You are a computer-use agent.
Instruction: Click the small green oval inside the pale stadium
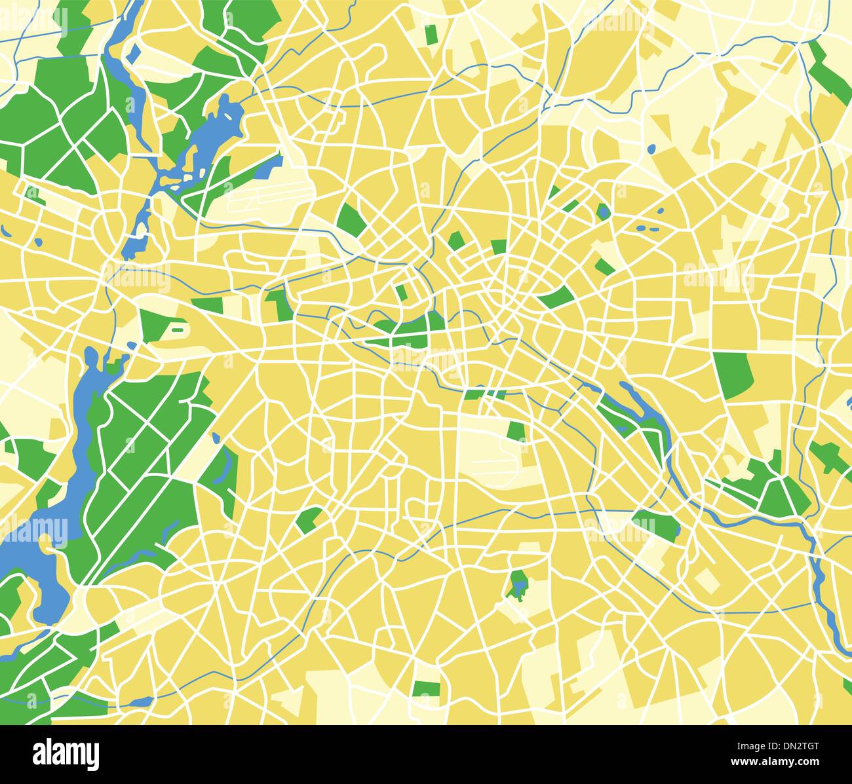(x=178, y=330)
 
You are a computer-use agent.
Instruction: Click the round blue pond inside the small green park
(x=602, y=211)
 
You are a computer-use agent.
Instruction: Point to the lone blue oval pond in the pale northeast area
(x=651, y=149)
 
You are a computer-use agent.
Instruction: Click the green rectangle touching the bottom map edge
(x=427, y=689)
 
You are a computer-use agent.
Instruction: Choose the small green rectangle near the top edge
(x=431, y=35)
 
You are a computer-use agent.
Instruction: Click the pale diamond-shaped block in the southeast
(x=706, y=580)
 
